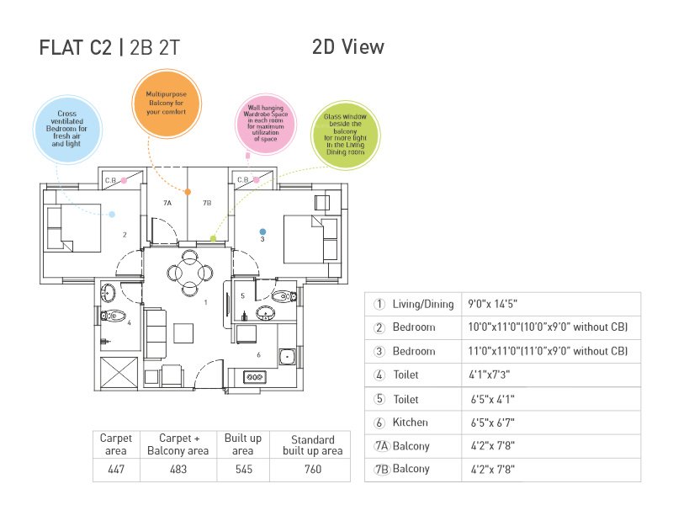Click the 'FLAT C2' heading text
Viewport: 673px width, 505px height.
75,48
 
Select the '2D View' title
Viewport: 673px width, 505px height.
347,46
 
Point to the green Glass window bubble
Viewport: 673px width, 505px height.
345,134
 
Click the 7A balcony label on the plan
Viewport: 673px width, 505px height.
167,203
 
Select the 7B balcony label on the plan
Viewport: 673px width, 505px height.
206,203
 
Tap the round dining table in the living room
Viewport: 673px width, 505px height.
185,272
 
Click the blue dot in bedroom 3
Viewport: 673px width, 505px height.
262,231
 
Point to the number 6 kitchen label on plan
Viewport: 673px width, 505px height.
258,354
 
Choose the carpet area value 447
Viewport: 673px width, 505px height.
116,469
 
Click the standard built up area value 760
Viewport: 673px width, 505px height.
312,469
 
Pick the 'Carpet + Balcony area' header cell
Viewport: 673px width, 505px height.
178,444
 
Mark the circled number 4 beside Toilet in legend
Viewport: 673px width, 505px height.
379,375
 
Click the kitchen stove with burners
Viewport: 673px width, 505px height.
255,378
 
